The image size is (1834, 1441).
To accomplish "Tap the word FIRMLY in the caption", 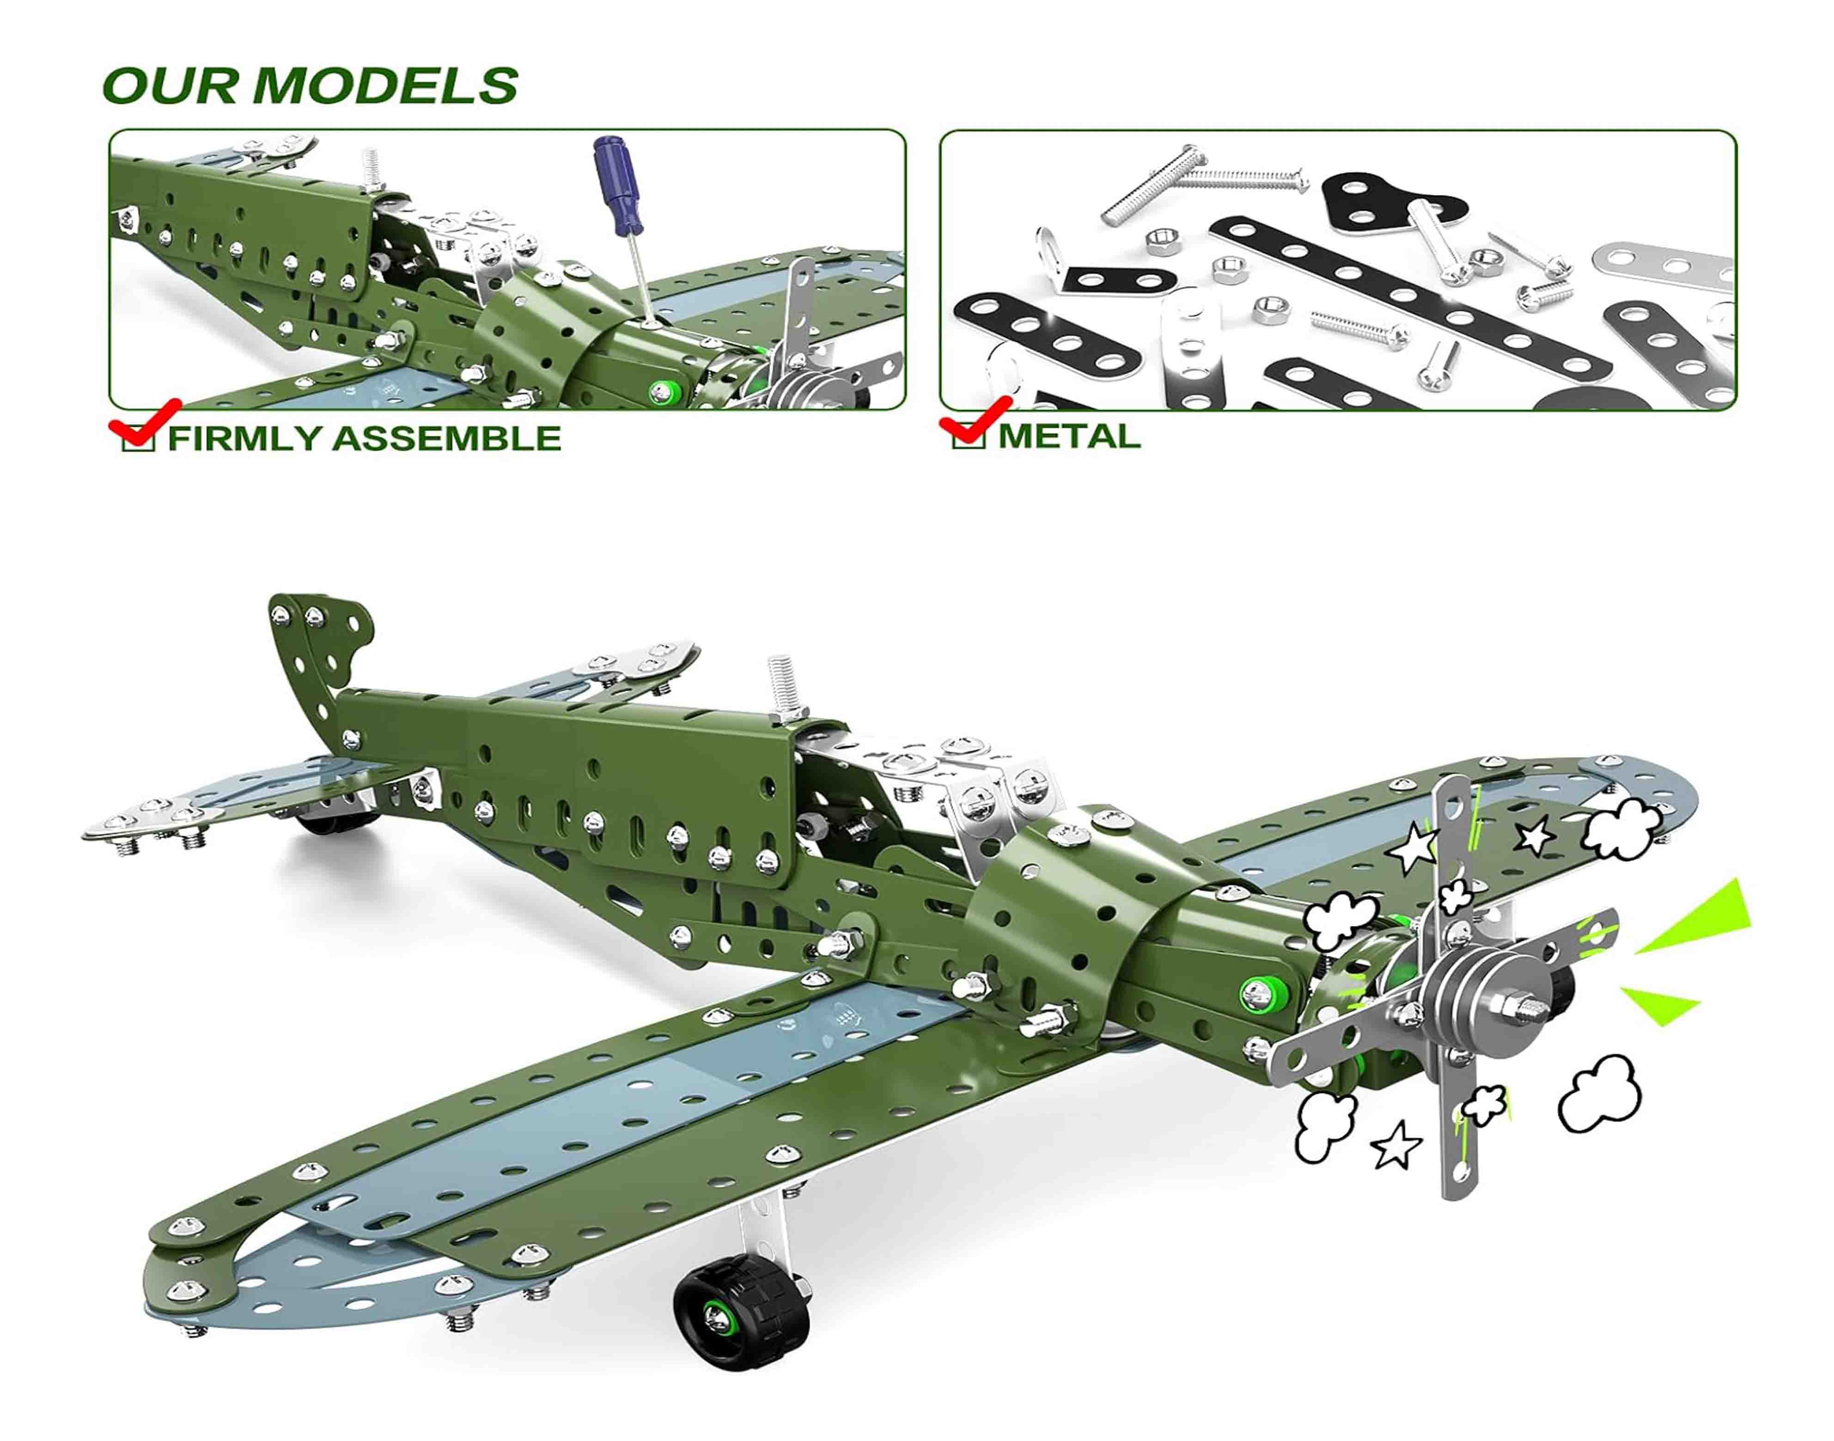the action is tap(244, 439).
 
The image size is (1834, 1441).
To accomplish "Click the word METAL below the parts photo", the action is tap(1069, 436).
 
